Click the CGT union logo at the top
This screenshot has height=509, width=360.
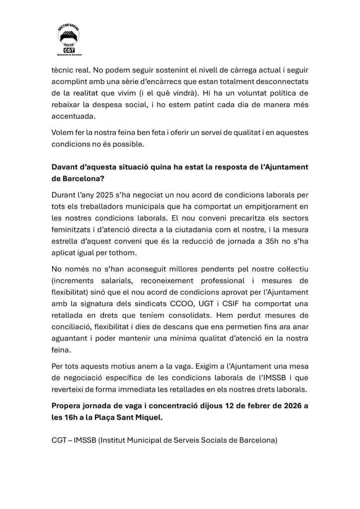tap(70, 40)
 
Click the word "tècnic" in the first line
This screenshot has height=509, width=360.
tap(62, 71)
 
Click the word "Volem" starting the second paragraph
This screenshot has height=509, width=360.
tap(62, 133)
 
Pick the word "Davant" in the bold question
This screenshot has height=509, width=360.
tap(65, 167)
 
